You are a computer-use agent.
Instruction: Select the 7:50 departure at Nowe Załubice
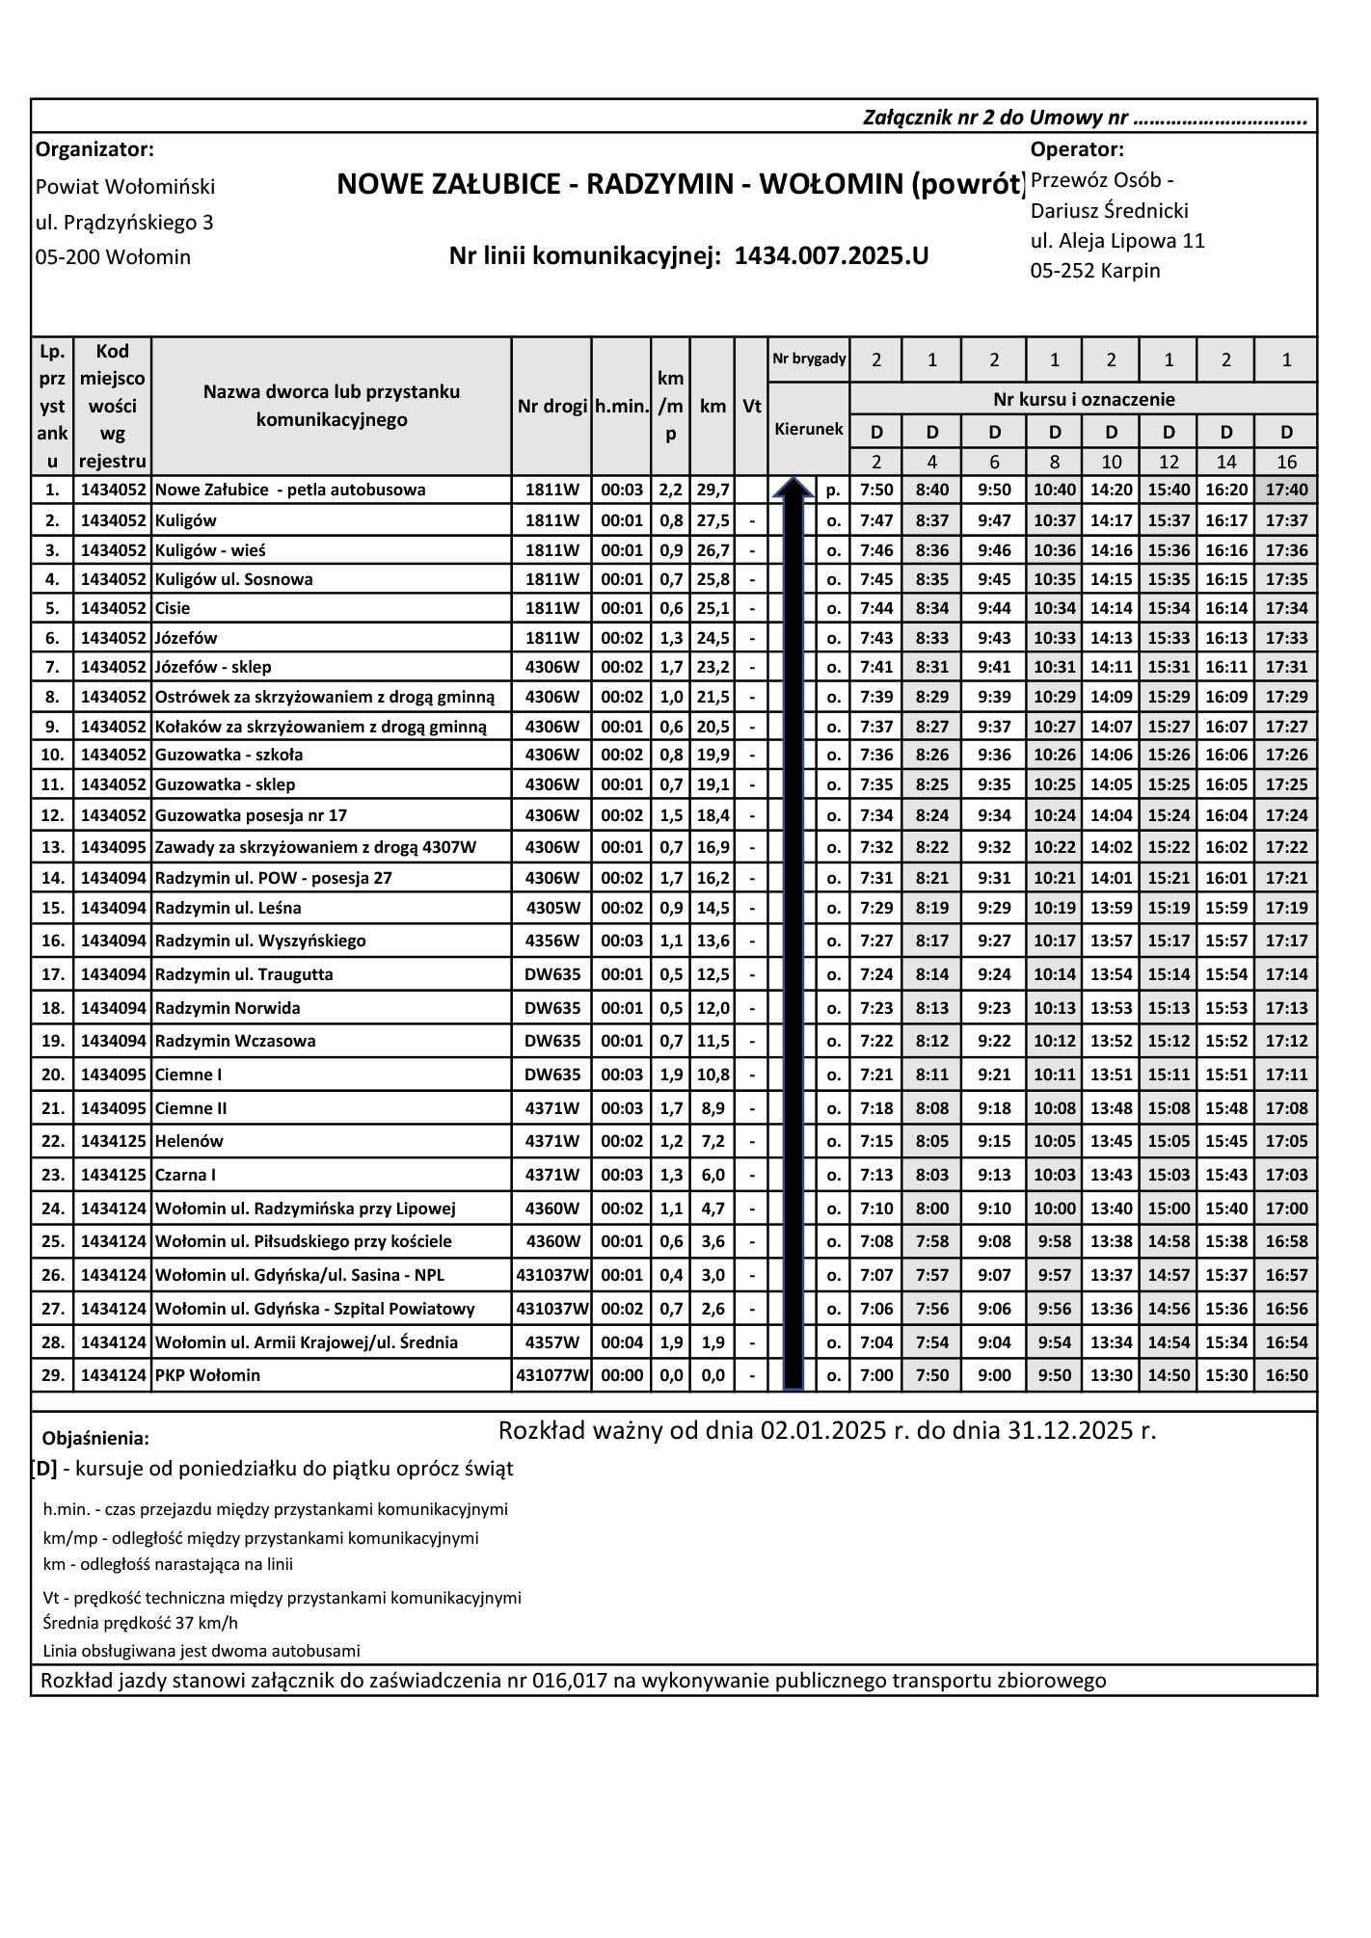[x=876, y=490]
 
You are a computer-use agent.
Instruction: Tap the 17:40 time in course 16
[x=1286, y=490]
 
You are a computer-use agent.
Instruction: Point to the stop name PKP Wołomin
[x=207, y=1375]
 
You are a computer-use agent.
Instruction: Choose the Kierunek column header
[x=809, y=429]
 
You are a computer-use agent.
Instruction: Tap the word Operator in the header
[x=1077, y=149]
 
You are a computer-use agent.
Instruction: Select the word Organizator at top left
[x=94, y=149]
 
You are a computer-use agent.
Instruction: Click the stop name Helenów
[x=189, y=1141]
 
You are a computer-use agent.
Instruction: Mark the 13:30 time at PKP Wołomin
[x=1111, y=1375]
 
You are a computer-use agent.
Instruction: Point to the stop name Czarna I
[x=185, y=1175]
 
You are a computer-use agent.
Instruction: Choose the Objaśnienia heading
[x=95, y=1439]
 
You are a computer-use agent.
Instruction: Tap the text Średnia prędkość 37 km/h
[x=141, y=1623]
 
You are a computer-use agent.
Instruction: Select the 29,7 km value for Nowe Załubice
[x=712, y=490]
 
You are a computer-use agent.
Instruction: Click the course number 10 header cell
[x=1111, y=462]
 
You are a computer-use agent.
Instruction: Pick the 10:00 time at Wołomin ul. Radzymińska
[x=1054, y=1208]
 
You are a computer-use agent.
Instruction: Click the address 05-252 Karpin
[x=1095, y=271]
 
